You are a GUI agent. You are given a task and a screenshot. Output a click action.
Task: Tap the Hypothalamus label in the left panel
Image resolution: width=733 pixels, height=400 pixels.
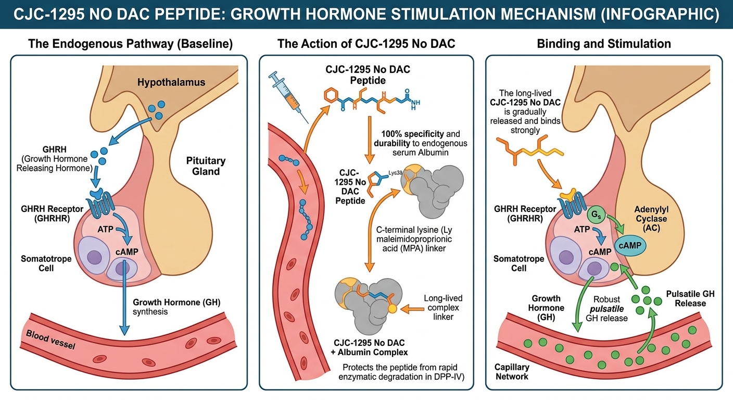click(x=171, y=82)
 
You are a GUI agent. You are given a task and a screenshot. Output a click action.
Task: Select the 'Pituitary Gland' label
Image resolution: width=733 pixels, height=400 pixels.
click(x=206, y=166)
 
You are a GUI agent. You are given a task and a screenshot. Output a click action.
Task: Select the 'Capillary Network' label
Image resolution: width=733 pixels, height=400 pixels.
click(x=512, y=372)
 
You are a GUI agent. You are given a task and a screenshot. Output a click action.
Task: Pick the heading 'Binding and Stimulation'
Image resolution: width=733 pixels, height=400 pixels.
click(x=604, y=43)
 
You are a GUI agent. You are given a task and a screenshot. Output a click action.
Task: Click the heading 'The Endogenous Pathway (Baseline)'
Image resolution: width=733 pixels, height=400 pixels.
click(x=130, y=43)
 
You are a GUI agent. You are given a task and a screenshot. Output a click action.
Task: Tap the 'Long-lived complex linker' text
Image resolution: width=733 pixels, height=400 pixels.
click(x=443, y=307)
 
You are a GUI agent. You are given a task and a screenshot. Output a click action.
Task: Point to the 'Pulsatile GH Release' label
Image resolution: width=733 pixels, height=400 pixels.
click(x=690, y=298)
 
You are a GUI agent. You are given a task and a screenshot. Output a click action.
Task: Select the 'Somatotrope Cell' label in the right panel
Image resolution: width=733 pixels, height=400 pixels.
click(x=519, y=263)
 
